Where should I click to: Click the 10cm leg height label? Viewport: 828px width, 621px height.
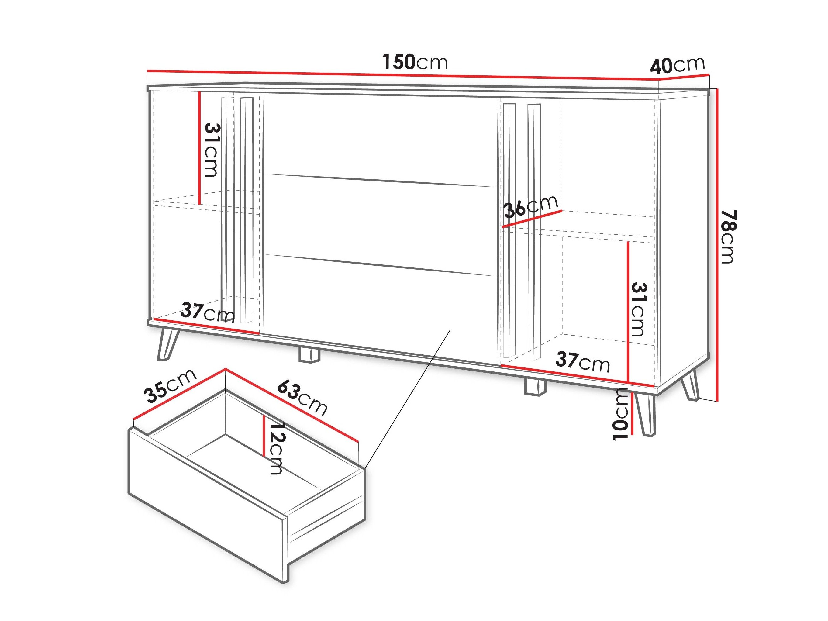[620, 414]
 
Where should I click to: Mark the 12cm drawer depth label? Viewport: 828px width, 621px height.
[277, 448]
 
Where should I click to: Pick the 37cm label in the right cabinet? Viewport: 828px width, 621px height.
[582, 362]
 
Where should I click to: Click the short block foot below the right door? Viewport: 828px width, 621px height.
[535, 387]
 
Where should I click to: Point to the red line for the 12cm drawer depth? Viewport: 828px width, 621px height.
[264, 436]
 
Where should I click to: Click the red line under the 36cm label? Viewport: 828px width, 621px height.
[532, 219]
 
